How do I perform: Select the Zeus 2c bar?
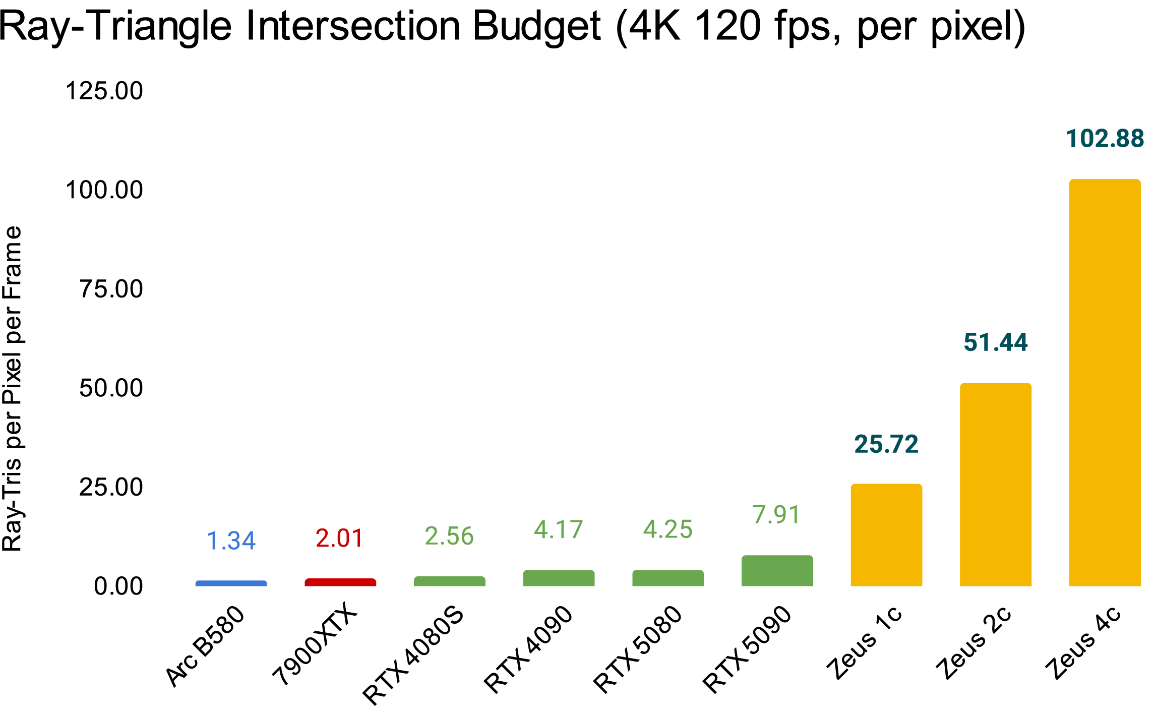point(995,484)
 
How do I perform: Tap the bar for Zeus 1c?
point(886,535)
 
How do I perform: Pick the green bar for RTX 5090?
point(777,571)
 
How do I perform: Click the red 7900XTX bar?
point(340,582)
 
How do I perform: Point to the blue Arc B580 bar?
point(231,583)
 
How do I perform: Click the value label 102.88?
point(1105,139)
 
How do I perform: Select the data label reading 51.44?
point(995,342)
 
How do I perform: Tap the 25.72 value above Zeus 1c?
point(886,444)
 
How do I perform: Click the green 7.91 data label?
point(776,515)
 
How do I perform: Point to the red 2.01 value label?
point(339,539)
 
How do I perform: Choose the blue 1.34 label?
point(231,541)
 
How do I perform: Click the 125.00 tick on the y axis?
point(104,91)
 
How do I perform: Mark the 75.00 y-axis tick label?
point(111,289)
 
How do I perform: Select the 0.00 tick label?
point(118,586)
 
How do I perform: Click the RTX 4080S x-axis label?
point(413,656)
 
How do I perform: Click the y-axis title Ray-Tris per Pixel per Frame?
point(12,388)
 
